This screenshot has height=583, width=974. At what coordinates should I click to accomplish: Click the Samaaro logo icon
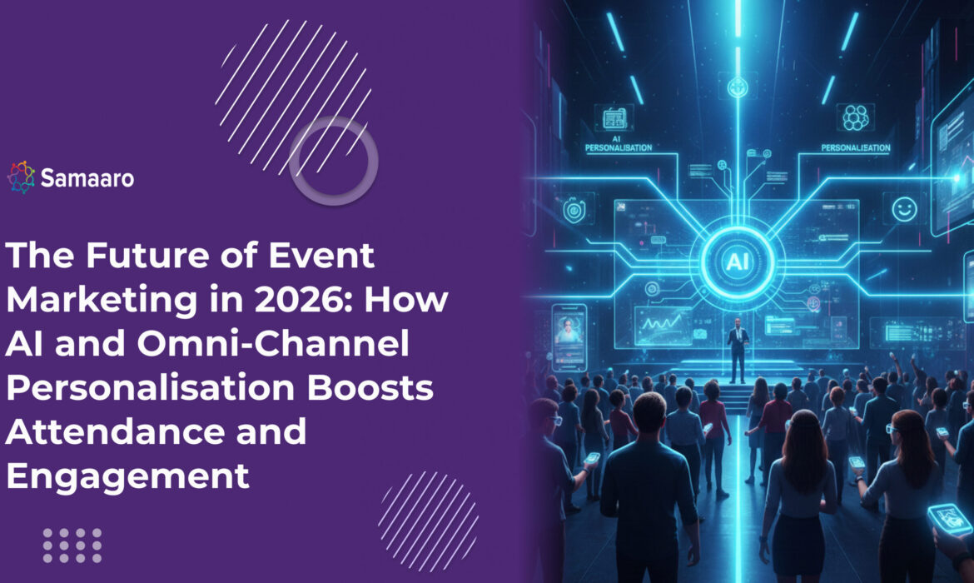(x=22, y=177)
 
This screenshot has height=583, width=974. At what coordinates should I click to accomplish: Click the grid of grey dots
(x=72, y=545)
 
